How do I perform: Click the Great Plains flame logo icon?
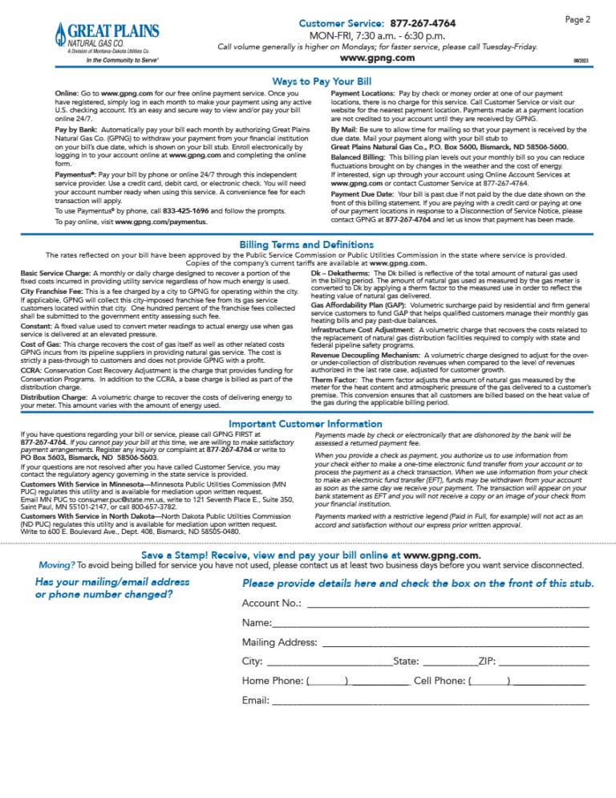(61, 34)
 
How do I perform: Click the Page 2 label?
(577, 18)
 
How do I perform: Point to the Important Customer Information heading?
(307, 423)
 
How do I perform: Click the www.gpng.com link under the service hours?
(377, 58)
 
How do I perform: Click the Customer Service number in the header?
(420, 24)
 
